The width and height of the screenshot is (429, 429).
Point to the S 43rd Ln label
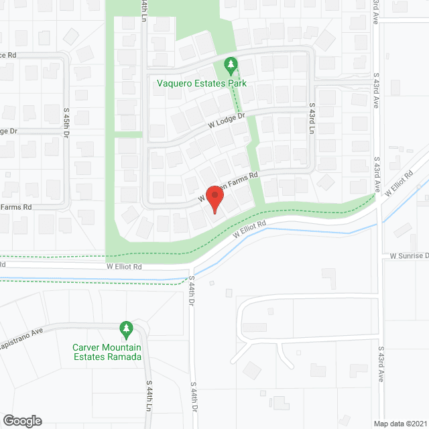pos(312,118)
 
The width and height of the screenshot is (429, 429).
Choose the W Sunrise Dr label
pos(409,256)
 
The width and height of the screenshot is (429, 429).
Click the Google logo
pos(21,420)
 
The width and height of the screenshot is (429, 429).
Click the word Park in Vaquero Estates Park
pos(237,84)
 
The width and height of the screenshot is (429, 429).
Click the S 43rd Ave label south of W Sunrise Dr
pos(381,364)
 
